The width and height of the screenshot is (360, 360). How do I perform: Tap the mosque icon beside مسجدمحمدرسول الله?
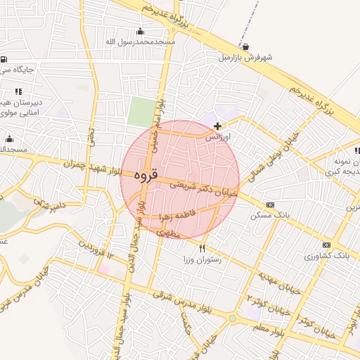coord(140,31)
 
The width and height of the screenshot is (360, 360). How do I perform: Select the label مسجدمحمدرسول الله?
coord(140,42)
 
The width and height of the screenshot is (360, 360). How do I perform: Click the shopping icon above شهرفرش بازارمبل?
coord(244,46)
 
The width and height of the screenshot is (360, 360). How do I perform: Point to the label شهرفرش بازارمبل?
coord(244,57)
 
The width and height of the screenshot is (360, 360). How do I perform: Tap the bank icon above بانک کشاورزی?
coord(326,245)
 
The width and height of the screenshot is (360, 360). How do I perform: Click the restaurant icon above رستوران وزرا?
coord(202,247)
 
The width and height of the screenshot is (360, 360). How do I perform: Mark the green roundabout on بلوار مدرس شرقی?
coord(232,319)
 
